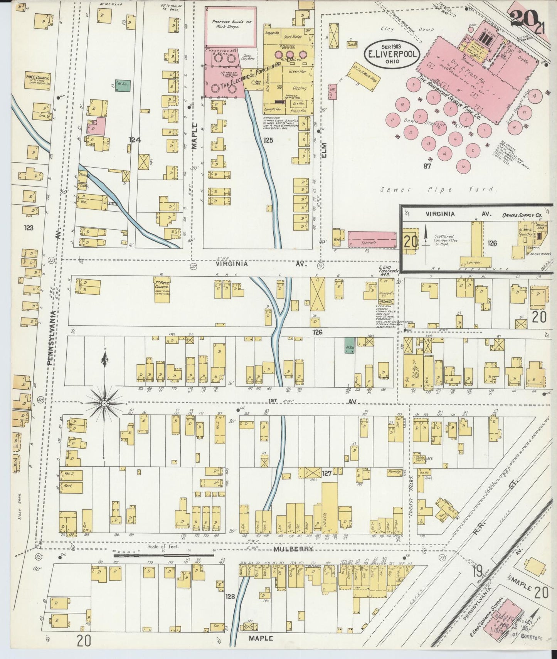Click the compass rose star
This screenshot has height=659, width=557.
104,403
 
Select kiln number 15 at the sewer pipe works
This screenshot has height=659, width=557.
463,166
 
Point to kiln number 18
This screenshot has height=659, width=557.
534,96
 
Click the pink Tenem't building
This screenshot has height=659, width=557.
372,240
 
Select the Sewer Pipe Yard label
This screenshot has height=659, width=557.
437,189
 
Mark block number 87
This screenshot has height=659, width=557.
426,166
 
